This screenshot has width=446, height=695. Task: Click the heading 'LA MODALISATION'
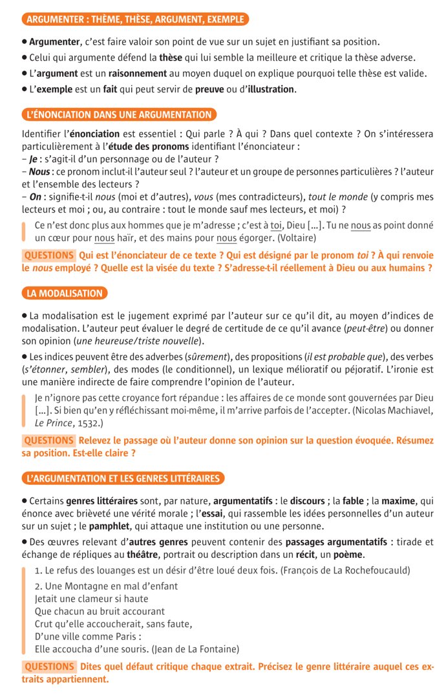pyautogui.click(x=65, y=294)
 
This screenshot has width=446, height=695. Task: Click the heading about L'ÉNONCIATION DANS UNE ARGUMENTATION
pyautogui.click(x=119, y=115)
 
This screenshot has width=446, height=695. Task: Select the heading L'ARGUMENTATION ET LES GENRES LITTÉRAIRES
pyautogui.click(x=123, y=478)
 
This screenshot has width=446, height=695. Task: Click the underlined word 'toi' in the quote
pyautogui.click(x=277, y=225)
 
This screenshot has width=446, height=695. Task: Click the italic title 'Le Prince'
pyautogui.click(x=55, y=423)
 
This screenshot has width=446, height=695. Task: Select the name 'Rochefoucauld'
pyautogui.click(x=374, y=571)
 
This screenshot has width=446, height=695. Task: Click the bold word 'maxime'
pyautogui.click(x=400, y=501)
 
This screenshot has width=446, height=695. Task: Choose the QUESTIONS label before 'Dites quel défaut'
pyautogui.click(x=49, y=667)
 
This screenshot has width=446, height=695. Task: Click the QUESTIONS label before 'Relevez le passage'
pyautogui.click(x=49, y=441)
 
